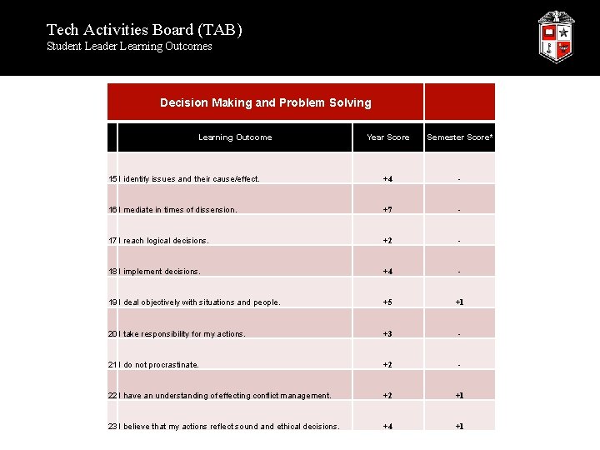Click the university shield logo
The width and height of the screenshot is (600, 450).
coord(555,37)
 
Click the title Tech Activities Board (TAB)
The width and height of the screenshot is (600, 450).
coord(144,30)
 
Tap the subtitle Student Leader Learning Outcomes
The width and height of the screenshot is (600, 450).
coord(129,47)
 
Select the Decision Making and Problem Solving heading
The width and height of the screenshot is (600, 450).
coord(265,102)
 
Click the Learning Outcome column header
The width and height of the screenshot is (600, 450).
coord(234,137)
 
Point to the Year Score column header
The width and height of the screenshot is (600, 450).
coord(387,137)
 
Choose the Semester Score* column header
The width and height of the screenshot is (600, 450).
coord(459,137)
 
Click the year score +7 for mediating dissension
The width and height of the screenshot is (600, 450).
coord(387,210)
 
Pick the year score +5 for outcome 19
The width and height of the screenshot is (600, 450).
coord(387,302)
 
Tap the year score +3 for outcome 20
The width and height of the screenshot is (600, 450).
coord(387,334)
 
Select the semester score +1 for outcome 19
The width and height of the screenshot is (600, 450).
coord(459,302)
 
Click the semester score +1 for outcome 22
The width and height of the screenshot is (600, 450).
coord(459,396)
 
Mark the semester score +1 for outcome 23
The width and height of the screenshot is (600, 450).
coord(459,427)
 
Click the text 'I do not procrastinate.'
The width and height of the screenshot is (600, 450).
coord(160,365)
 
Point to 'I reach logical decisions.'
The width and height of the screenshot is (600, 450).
coord(165,241)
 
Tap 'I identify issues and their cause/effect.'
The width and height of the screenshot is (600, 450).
coord(191,179)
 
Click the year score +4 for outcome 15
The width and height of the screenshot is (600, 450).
coord(387,179)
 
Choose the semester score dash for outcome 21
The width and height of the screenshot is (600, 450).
coord(459,365)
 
